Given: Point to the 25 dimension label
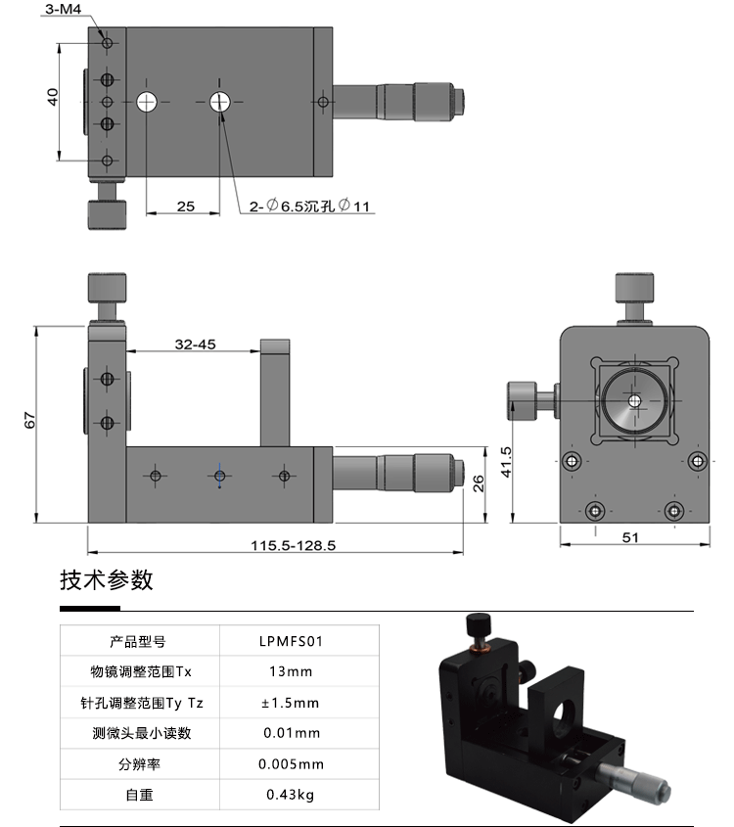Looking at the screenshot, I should click(186, 206).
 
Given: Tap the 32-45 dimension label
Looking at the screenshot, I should click(195, 344).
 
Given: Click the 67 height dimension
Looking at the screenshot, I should click(30, 421).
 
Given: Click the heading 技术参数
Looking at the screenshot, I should click(107, 580).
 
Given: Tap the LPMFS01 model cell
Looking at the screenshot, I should click(291, 642).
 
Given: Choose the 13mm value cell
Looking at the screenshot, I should click(291, 671).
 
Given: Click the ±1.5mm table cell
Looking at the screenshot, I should click(291, 703).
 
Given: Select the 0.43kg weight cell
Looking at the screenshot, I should click(291, 795).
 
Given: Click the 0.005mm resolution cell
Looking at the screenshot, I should click(291, 764).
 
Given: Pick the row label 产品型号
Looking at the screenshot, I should click(138, 642).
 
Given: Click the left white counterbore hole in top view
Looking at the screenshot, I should click(148, 101).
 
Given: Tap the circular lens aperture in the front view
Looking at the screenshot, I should click(634, 401).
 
